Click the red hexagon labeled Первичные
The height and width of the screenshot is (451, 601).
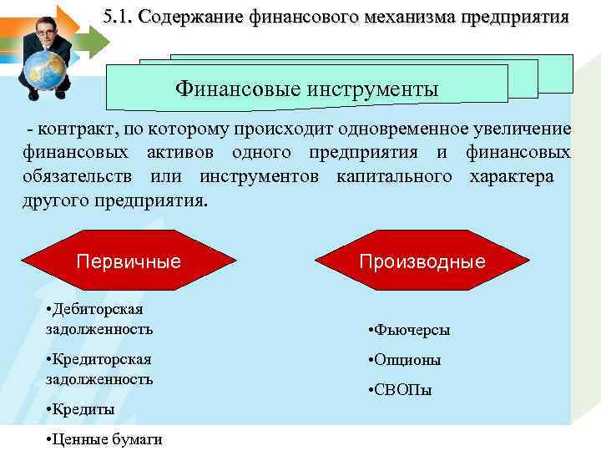click(129, 261)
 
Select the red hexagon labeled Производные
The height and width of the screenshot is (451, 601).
click(422, 261)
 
